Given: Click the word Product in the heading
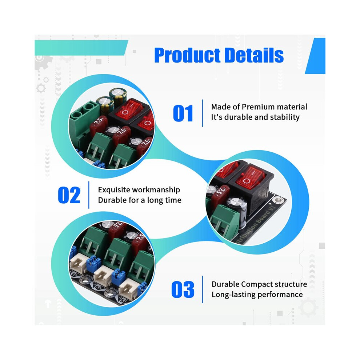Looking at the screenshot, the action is click(x=187, y=55).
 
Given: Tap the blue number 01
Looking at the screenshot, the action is click(x=183, y=113).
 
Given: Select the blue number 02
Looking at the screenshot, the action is click(x=69, y=195).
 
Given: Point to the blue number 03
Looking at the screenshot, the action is click(x=183, y=289).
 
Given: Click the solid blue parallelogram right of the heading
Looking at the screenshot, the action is click(x=315, y=56).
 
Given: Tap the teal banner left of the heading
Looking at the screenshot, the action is click(x=81, y=48).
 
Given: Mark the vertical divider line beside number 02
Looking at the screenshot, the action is click(x=89, y=195).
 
